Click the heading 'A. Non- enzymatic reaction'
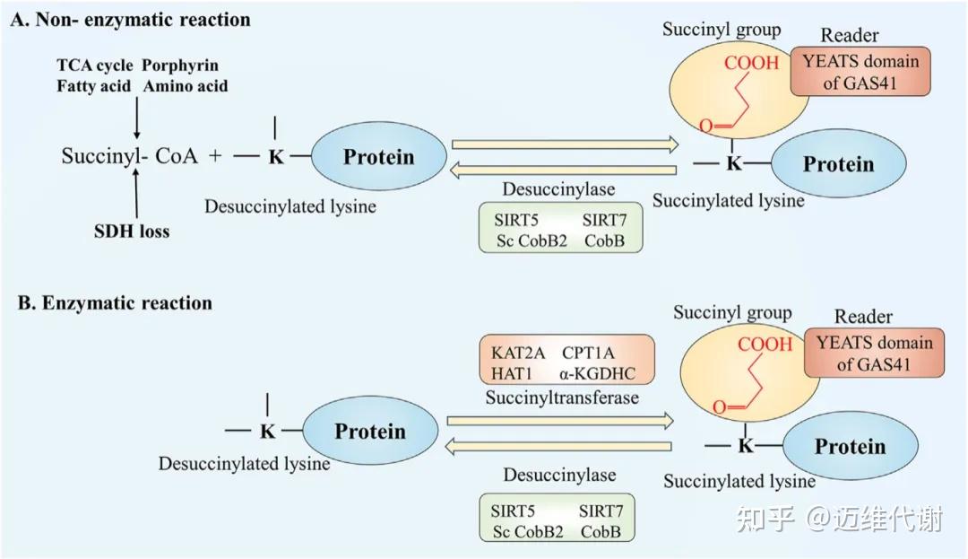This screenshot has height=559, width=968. coord(130,20)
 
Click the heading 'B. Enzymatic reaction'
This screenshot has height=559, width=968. coord(115,302)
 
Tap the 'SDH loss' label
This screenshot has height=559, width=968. coord(132,231)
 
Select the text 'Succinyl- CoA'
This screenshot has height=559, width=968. coord(130,155)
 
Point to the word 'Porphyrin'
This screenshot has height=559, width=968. coord(180,66)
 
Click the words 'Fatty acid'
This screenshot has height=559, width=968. coord(94,86)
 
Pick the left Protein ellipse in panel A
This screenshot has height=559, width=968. coord(378,156)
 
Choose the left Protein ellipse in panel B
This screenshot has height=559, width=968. coord(370,431)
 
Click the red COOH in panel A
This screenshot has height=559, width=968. coord(751,63)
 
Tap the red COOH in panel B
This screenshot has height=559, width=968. coord(765,344)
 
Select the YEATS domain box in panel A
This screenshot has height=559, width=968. coord(860,72)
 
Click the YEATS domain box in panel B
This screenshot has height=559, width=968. coord(874,353)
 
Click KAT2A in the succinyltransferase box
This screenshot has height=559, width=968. coord(517,353)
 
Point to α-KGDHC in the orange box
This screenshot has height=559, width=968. coord(597,373)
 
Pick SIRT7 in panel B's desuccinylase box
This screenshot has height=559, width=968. coord(601,511)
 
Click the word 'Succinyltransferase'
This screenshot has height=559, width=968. coord(562,397)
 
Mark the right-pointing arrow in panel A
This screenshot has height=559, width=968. coord(565,144)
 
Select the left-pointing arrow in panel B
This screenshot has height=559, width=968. coord(558,446)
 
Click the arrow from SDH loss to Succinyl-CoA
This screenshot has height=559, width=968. coord(136,193)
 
